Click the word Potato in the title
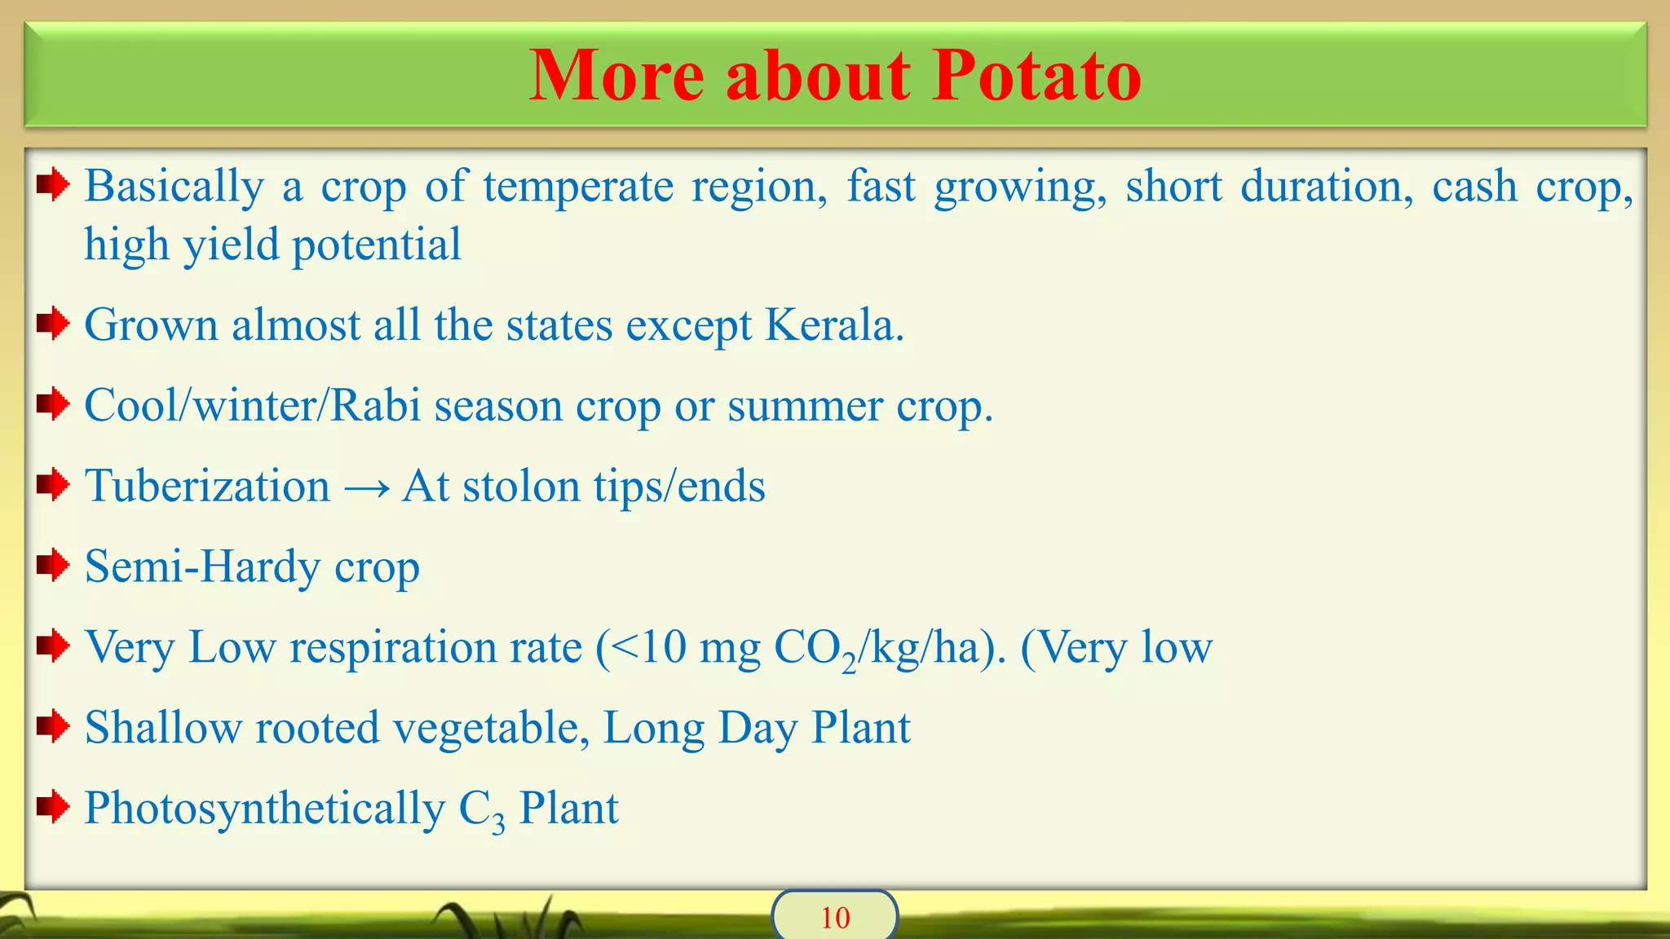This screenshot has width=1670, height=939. pyautogui.click(x=1036, y=75)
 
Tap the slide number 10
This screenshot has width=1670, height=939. pyautogui.click(x=835, y=918)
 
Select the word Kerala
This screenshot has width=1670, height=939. pyautogui.click(x=833, y=325)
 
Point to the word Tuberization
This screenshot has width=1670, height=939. pyautogui.click(x=208, y=487)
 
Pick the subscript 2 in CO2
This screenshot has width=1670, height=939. pyautogui.click(x=850, y=664)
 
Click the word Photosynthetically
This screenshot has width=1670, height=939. pyautogui.click(x=265, y=809)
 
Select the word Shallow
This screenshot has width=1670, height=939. pyautogui.click(x=163, y=727)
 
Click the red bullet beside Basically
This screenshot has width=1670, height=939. pyautogui.click(x=53, y=185)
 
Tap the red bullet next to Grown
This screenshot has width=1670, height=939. pyautogui.click(x=53, y=324)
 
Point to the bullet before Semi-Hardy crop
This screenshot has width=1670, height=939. pyautogui.click(x=53, y=566)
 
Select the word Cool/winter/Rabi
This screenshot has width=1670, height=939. pyautogui.click(x=253, y=405)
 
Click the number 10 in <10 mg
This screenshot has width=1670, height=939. pyautogui.click(x=663, y=648)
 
